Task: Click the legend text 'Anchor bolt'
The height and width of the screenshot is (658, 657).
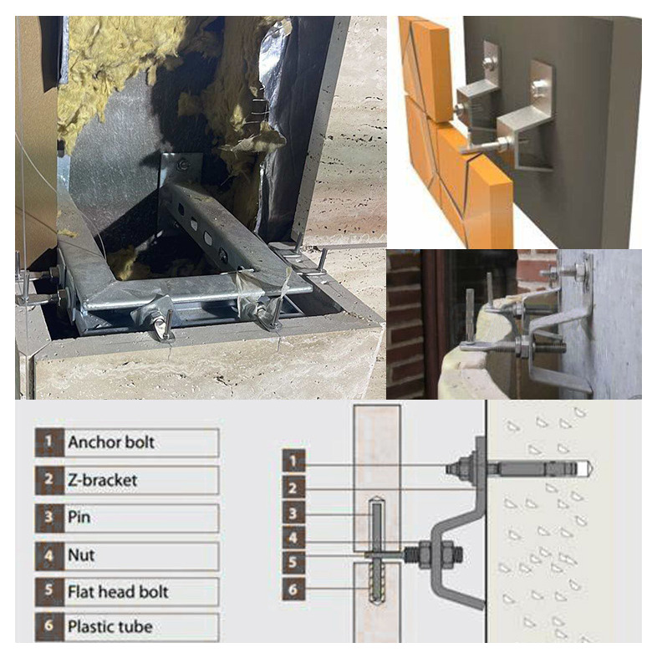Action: [111, 442]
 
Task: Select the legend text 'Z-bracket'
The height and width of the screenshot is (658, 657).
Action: [102, 480]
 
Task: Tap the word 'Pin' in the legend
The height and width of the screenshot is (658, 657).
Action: [79, 517]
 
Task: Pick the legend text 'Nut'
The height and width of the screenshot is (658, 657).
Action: [81, 555]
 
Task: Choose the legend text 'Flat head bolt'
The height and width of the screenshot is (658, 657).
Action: [118, 592]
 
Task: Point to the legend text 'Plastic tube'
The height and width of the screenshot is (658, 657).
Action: [110, 627]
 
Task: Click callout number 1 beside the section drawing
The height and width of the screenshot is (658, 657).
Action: [293, 462]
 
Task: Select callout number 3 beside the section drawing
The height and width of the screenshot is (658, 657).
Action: [293, 513]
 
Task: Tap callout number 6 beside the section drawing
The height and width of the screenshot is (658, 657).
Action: [293, 589]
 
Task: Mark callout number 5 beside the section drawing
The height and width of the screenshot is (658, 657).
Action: [293, 564]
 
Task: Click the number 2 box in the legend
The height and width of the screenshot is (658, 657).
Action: [49, 480]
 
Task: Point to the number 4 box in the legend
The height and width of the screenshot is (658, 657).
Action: [49, 556]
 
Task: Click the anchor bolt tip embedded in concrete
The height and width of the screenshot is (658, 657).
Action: [588, 468]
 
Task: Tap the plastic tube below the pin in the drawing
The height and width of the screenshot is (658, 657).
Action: [377, 583]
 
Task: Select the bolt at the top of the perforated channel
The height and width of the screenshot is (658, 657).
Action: [183, 164]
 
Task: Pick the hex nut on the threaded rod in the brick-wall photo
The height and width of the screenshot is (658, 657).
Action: [524, 348]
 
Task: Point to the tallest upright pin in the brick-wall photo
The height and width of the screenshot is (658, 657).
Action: [470, 314]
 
